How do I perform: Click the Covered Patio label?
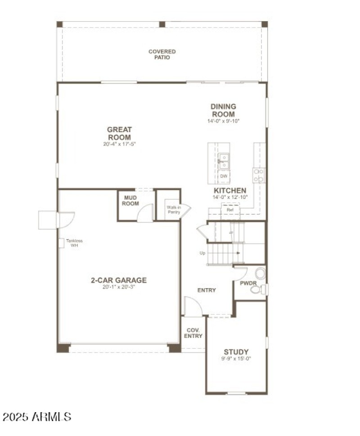pyautogui.click(x=162, y=54)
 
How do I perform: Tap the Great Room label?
pyautogui.click(x=119, y=133)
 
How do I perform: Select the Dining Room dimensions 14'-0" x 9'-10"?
pyautogui.click(x=223, y=121)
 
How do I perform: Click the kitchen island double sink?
pyautogui.click(x=223, y=161)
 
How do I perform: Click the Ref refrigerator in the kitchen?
pyautogui.click(x=229, y=209)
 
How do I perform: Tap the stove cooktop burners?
pyautogui.click(x=259, y=175)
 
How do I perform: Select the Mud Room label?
pyautogui.click(x=131, y=200)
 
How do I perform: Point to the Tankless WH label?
pyautogui.click(x=74, y=243)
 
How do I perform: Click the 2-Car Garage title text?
pyautogui.click(x=119, y=280)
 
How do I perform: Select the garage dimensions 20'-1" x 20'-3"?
pyautogui.click(x=119, y=287)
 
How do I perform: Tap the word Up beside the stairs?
pyautogui.click(x=202, y=253)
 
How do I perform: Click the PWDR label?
pyautogui.click(x=247, y=284)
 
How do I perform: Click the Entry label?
pyautogui.click(x=207, y=290)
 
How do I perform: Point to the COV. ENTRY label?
pyautogui.click(x=194, y=333)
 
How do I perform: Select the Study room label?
pyautogui.click(x=237, y=351)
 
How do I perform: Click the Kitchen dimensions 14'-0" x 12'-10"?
pyautogui.click(x=230, y=197)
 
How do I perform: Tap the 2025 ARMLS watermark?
pyautogui.click(x=36, y=417)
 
